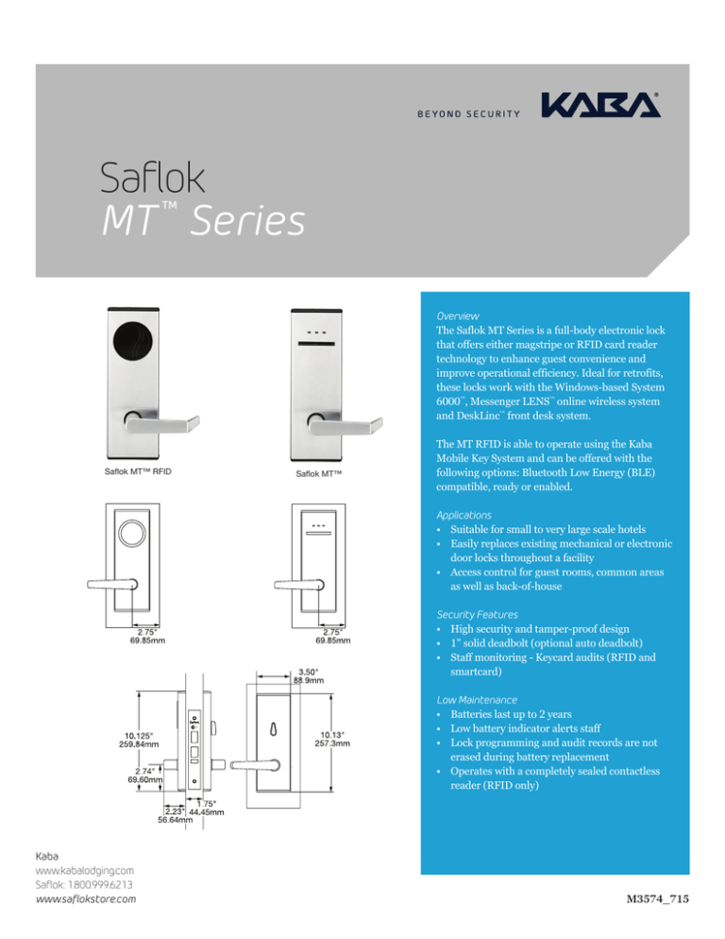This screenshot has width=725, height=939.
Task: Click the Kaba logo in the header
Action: point(599,105)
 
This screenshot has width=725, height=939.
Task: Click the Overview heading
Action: point(457,315)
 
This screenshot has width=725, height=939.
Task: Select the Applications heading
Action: point(464,516)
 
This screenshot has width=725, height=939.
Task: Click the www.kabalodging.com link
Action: point(84,868)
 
